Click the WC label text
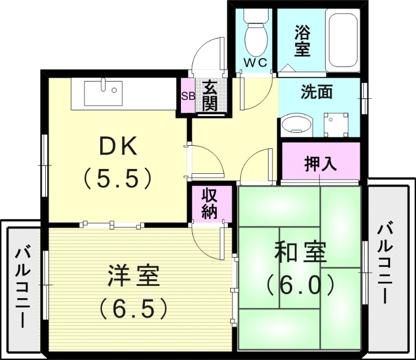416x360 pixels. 255,63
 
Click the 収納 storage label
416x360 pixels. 210,204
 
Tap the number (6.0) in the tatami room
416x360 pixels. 300,285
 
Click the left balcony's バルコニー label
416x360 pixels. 22,287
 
